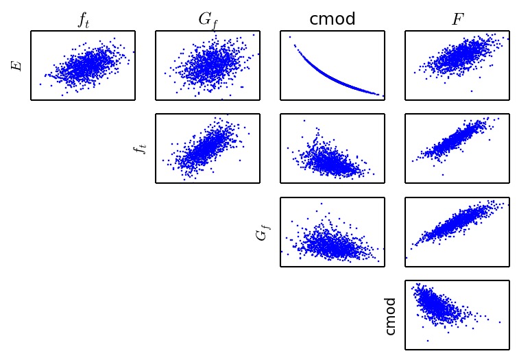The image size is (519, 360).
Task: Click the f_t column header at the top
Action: (83, 20)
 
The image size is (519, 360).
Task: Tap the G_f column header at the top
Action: (208, 20)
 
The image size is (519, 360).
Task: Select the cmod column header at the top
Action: (333, 19)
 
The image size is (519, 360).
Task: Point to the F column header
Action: (457, 19)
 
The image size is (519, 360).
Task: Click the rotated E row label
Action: (17, 65)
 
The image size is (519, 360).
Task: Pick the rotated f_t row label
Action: (141, 148)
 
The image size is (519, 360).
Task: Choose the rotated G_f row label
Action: (261, 232)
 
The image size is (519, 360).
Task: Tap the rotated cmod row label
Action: (391, 315)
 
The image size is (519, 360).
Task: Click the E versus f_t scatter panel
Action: (83, 65)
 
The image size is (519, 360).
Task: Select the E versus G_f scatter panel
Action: (208, 65)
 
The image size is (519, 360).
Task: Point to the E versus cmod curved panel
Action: (333, 65)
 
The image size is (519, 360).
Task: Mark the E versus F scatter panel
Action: (457, 65)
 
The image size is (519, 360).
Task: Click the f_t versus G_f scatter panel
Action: (208, 148)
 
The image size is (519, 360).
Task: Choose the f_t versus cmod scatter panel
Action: (333, 148)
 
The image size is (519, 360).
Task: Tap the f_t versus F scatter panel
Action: (457, 148)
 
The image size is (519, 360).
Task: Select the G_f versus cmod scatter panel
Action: (333, 232)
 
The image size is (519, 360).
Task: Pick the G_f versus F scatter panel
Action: (457, 232)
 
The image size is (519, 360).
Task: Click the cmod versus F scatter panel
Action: (457, 315)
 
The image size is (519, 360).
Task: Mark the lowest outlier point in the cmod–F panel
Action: (427, 340)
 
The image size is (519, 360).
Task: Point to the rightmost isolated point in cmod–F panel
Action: (500, 322)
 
